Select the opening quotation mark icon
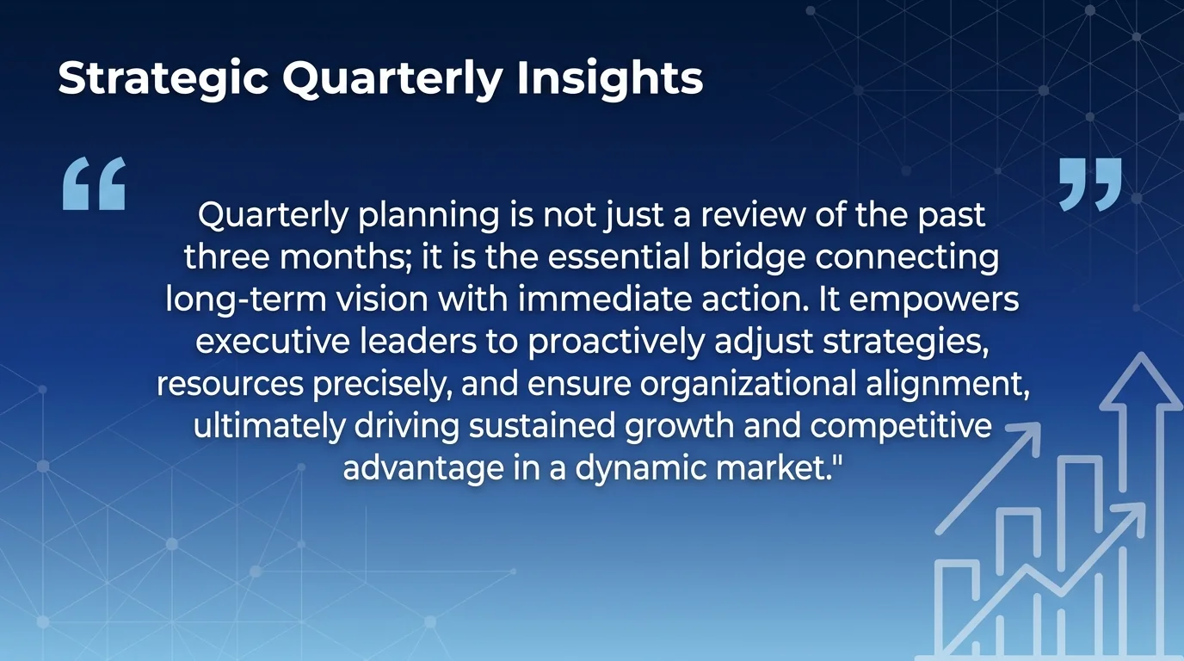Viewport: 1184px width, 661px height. tap(95, 183)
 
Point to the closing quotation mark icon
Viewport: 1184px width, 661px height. tap(1090, 183)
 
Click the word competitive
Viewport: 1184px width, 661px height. tap(900, 425)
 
